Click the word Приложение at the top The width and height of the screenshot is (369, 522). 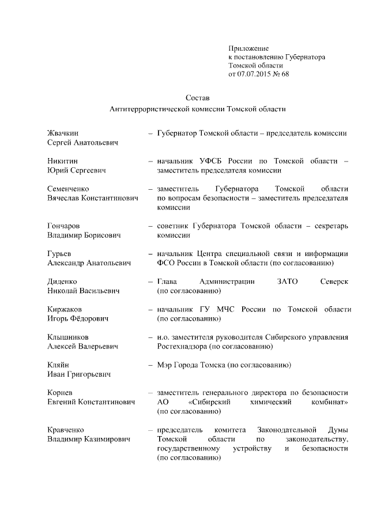click(248, 48)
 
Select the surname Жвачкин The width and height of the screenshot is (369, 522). click(63, 133)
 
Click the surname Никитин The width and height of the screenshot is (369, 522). click(62, 160)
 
